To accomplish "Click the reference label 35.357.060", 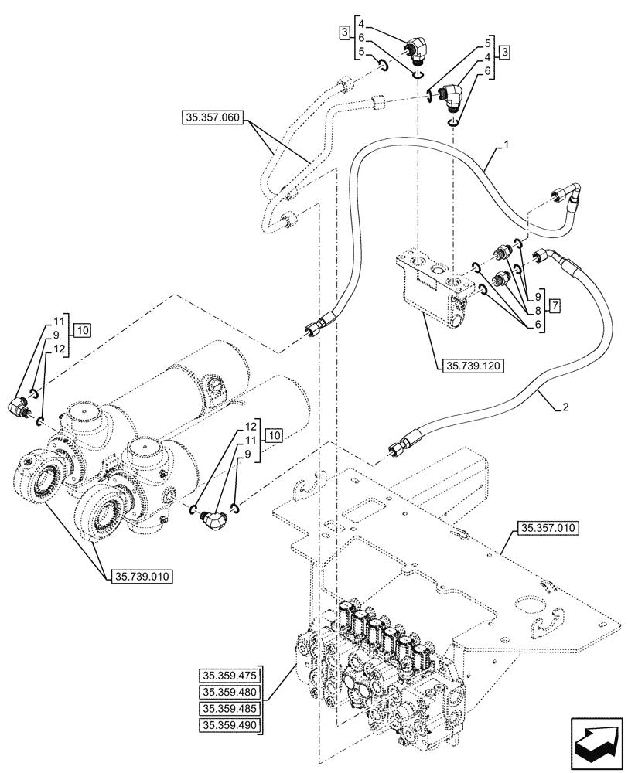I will pyautogui.click(x=212, y=118).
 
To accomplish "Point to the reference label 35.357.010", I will pyautogui.click(x=544, y=528).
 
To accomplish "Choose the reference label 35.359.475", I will pyautogui.click(x=230, y=674).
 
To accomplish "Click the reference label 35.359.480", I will pyautogui.click(x=230, y=691).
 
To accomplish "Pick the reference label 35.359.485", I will pyautogui.click(x=230, y=708).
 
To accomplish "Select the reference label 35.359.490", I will pyautogui.click(x=230, y=725).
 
